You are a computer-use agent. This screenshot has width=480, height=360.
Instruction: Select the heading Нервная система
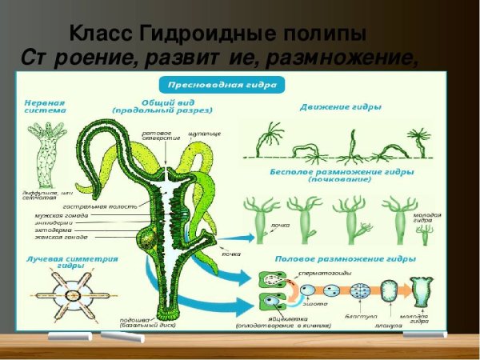(45, 108)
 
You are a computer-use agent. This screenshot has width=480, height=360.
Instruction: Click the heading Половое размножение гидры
(345, 260)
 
